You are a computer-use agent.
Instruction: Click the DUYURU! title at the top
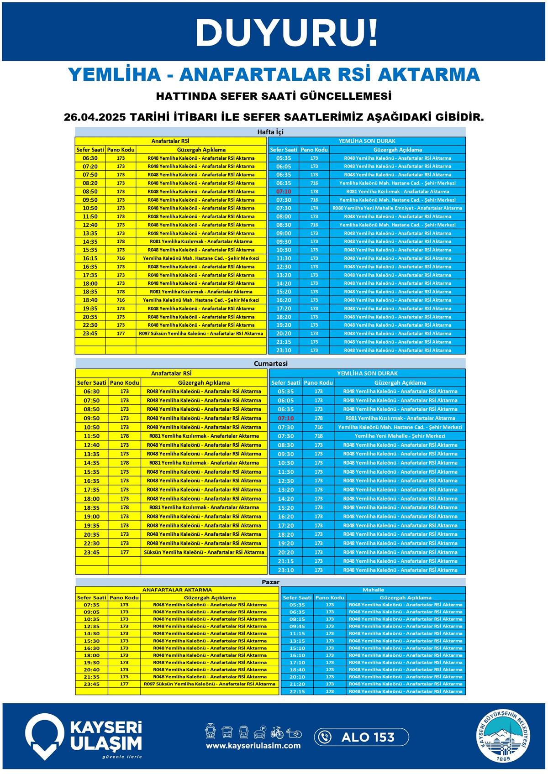tap(287, 33)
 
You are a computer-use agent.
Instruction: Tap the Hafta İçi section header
tap(270, 132)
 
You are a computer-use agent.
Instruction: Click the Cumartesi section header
tap(270, 364)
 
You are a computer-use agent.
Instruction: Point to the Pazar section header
tap(270, 582)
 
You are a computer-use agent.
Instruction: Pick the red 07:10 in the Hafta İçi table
tap(284, 192)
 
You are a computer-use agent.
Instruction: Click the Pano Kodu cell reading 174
tap(314, 208)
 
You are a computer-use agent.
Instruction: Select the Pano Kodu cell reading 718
tap(318, 436)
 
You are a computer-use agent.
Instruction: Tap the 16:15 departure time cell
tap(90, 258)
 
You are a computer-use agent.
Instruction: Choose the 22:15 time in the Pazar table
tap(297, 691)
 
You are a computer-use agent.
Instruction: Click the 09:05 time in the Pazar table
tap(91, 612)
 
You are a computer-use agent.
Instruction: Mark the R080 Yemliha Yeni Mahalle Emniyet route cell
tap(397, 208)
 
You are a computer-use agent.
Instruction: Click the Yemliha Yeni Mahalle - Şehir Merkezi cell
tap(400, 436)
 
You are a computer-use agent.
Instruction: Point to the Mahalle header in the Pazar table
tap(373, 590)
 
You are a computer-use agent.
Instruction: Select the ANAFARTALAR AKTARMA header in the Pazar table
tap(177, 590)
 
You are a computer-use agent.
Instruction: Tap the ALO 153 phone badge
tap(361, 737)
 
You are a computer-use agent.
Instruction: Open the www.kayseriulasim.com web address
tap(253, 746)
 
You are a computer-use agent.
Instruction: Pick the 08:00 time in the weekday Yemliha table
tap(284, 216)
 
